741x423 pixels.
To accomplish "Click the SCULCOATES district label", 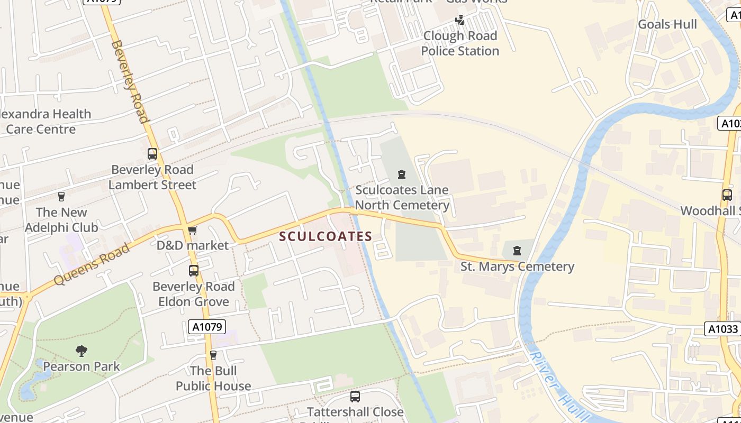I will pyautogui.click(x=326, y=236).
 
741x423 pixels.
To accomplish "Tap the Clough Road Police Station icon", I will pyautogui.click(x=460, y=20).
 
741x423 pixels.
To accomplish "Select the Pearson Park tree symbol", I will pyautogui.click(x=82, y=351).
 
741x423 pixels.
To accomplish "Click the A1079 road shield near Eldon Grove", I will pyautogui.click(x=207, y=327).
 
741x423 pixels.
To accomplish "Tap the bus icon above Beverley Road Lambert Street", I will pyautogui.click(x=152, y=154).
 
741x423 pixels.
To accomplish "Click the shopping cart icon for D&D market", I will pyautogui.click(x=193, y=230).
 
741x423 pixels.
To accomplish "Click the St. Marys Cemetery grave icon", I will pyautogui.click(x=517, y=251).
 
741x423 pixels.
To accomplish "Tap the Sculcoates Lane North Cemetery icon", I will pyautogui.click(x=402, y=174).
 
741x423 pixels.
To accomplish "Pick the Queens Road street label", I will pyautogui.click(x=91, y=264).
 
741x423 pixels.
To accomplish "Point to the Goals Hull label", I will pyautogui.click(x=667, y=24).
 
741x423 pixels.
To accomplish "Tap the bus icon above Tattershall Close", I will pyautogui.click(x=355, y=396).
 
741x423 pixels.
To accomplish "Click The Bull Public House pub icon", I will pyautogui.click(x=213, y=355).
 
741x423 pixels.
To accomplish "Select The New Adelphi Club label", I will pyautogui.click(x=61, y=220).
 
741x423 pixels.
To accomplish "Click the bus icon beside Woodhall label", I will pyautogui.click(x=727, y=195).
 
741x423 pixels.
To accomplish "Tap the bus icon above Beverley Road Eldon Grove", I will pyautogui.click(x=194, y=271).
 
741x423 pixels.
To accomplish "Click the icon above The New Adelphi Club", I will pyautogui.click(x=61, y=197).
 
